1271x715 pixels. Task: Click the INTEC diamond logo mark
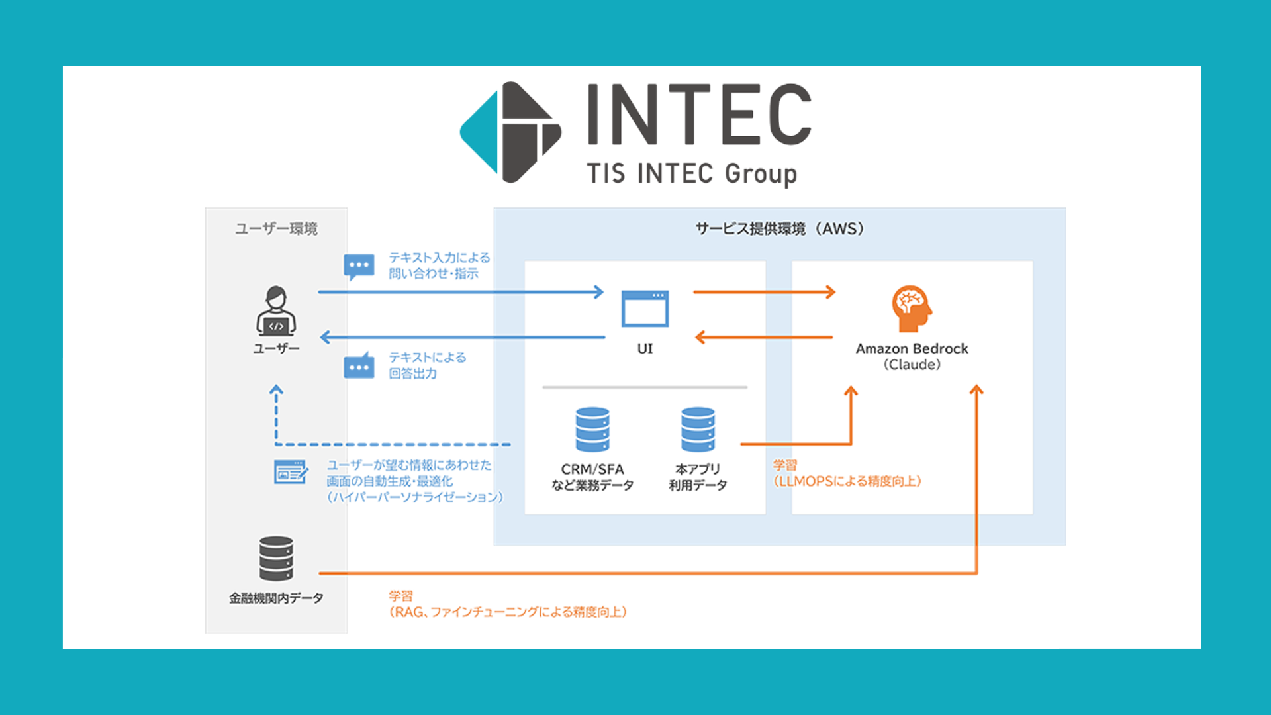(x=510, y=132)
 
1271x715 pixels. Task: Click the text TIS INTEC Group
(x=692, y=173)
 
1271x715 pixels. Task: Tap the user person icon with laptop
(x=276, y=310)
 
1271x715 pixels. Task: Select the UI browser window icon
(x=645, y=309)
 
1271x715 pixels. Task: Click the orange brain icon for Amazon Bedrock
(x=911, y=308)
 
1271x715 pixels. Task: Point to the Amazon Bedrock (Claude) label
(x=912, y=356)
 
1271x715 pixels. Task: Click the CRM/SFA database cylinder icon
(x=592, y=430)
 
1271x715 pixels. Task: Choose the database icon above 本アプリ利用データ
(x=698, y=430)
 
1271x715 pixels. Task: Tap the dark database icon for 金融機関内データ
(x=276, y=558)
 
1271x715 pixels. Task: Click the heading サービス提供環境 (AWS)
(x=779, y=229)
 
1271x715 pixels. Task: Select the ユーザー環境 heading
(x=276, y=229)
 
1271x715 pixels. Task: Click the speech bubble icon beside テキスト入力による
(x=359, y=266)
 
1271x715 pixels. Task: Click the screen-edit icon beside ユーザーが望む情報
(x=291, y=472)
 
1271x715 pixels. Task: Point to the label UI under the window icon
(x=645, y=349)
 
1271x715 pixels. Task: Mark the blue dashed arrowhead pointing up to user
(x=276, y=391)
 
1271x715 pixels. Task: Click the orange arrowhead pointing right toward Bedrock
(x=829, y=292)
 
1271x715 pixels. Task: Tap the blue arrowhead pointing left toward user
(x=325, y=337)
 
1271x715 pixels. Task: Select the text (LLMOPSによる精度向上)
(x=847, y=481)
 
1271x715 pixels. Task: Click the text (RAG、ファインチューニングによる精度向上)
(x=508, y=612)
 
